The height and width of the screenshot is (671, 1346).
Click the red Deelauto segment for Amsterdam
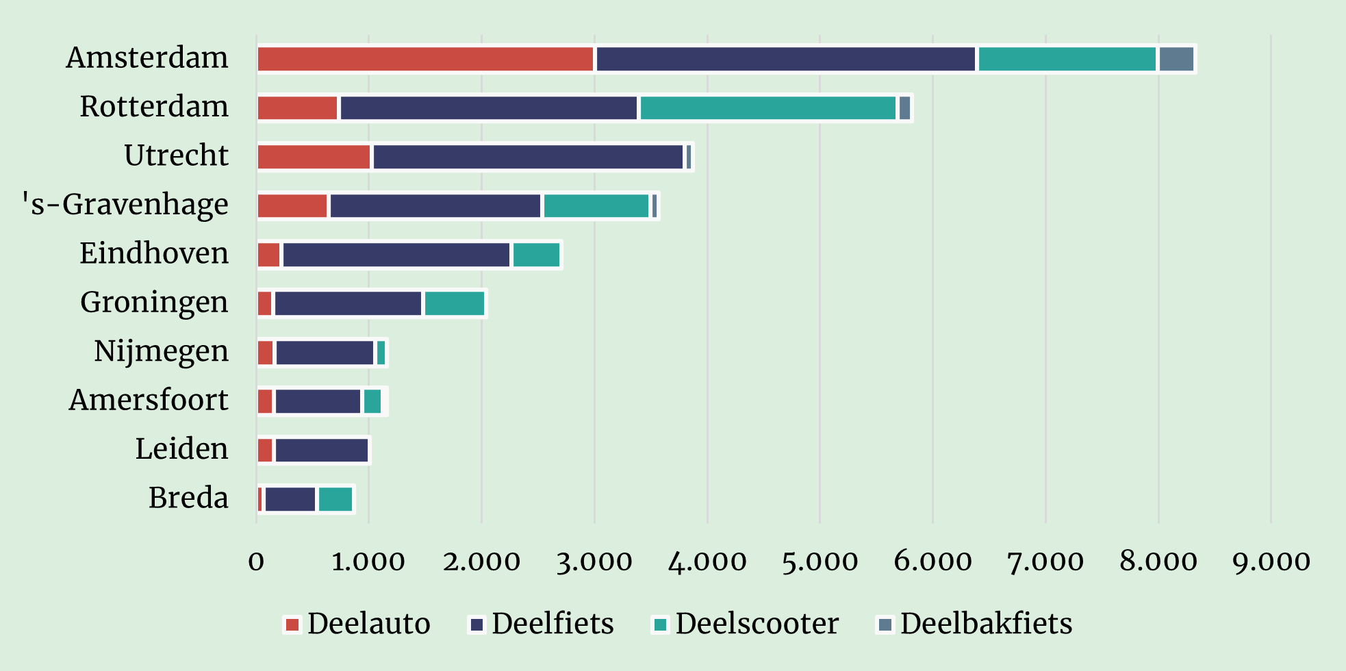[425, 60]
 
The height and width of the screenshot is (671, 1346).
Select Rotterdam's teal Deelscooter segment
[767, 108]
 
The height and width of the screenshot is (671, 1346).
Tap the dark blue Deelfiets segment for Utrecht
[528, 157]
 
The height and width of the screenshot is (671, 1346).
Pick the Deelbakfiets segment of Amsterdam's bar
[1176, 60]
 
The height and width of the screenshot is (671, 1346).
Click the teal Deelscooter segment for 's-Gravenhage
[596, 206]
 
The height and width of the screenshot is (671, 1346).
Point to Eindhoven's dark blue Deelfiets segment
[396, 255]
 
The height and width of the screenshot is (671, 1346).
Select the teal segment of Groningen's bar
[454, 303]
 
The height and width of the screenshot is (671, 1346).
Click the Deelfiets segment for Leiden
[322, 451]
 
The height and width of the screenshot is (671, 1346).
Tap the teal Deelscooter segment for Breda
[335, 499]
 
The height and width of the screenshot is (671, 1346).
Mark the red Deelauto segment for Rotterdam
[297, 108]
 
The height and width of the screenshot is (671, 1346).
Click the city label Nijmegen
[161, 351]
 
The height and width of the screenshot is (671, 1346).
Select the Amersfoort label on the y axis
[149, 400]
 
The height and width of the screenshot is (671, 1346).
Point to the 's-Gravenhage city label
[125, 205]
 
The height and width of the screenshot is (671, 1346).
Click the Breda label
[188, 498]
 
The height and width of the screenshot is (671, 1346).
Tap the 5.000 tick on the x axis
[820, 562]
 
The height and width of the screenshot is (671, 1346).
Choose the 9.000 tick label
[1271, 562]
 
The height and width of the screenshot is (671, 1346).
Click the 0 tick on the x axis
[256, 562]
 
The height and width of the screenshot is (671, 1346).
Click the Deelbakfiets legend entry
[975, 624]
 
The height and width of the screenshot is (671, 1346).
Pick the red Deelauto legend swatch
[292, 624]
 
